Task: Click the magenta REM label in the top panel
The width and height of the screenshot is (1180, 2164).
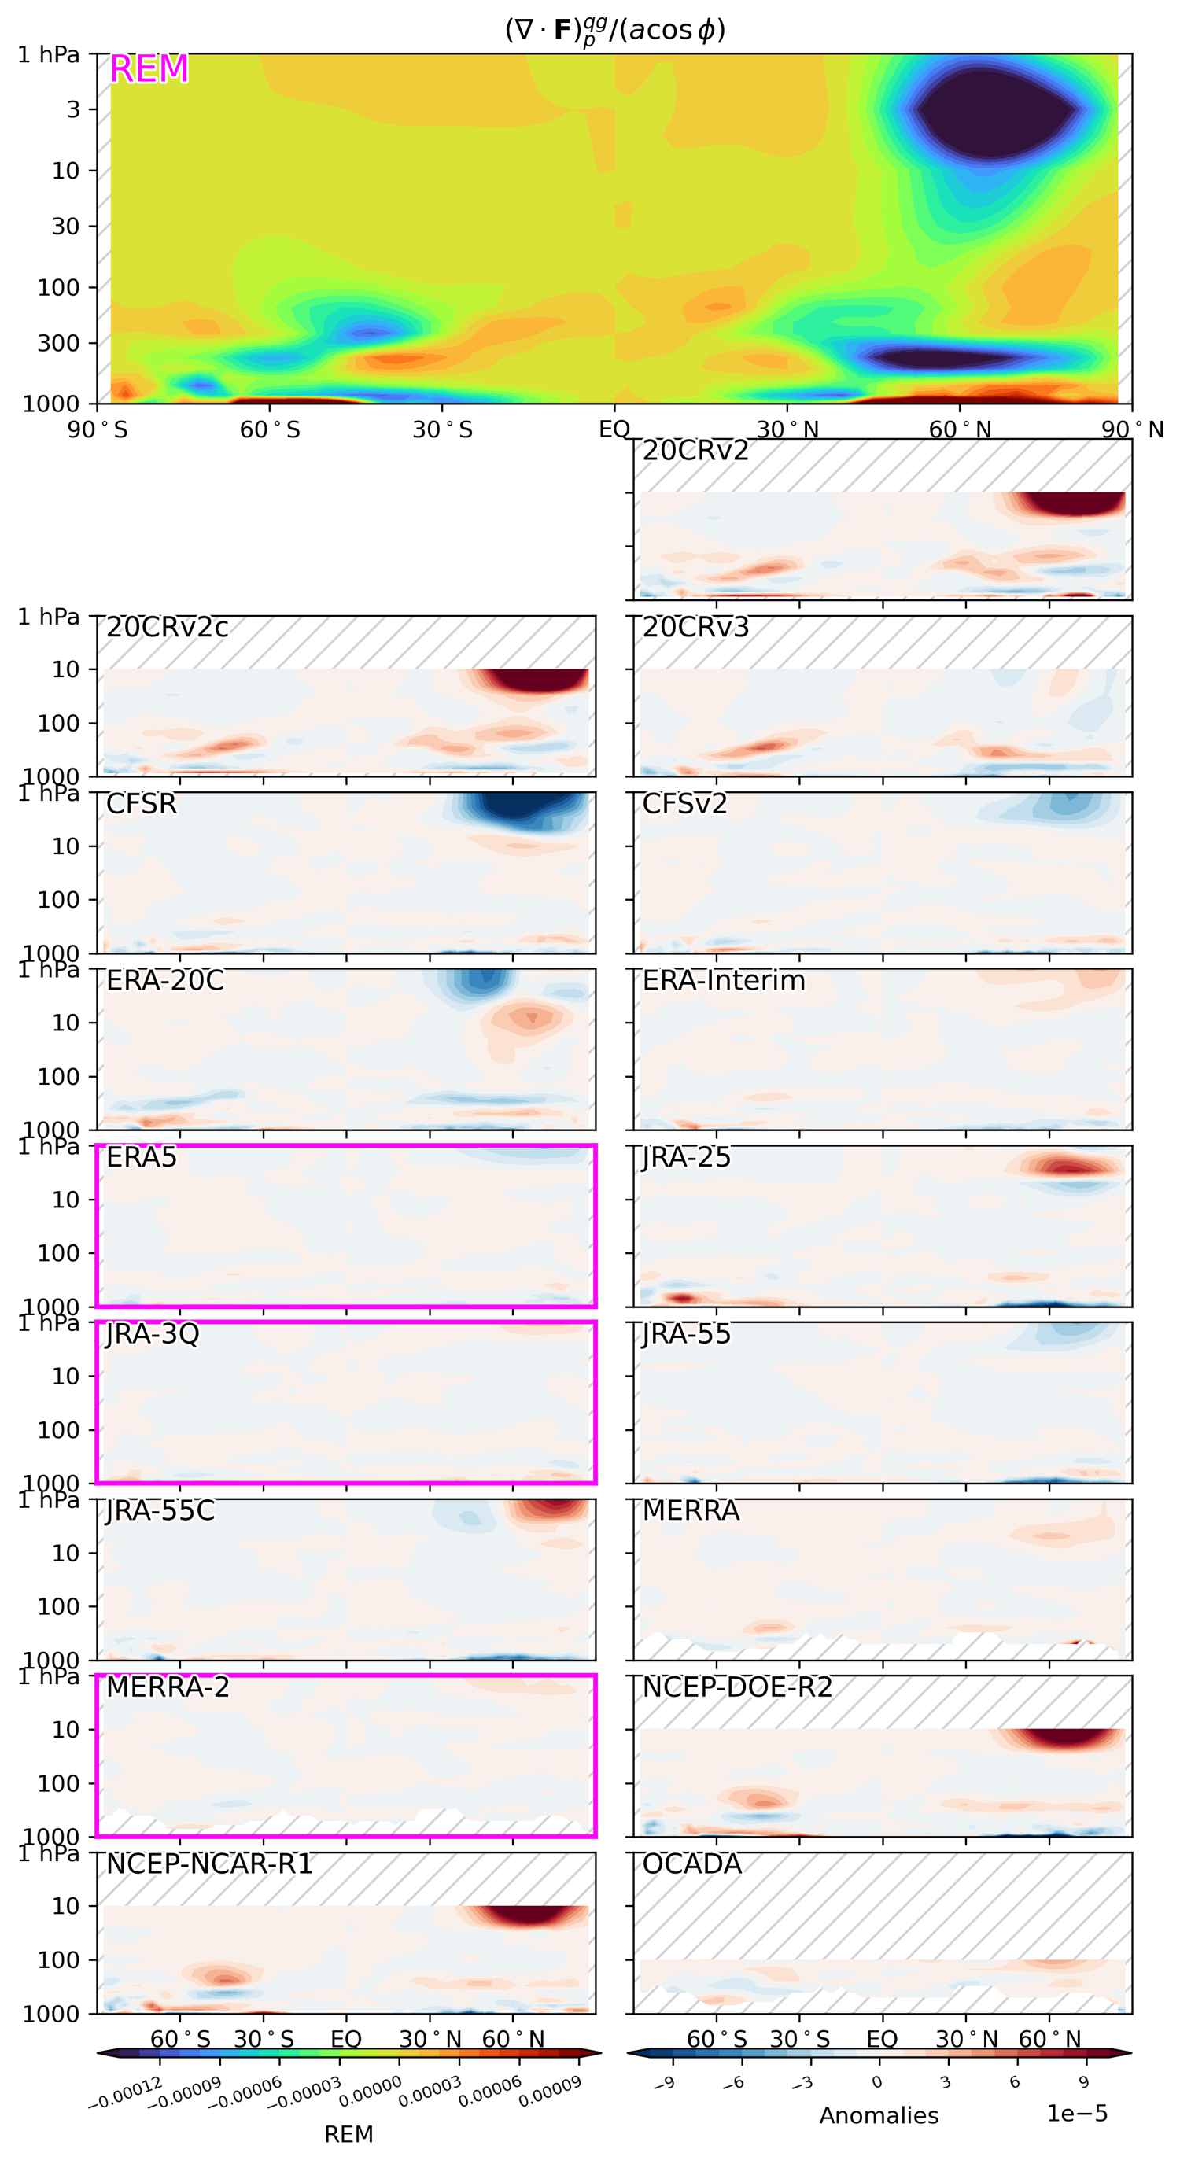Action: [149, 69]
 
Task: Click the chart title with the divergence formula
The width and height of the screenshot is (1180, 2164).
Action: [614, 30]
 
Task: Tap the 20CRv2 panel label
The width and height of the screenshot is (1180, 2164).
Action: [695, 451]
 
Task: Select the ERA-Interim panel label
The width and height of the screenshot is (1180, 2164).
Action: [723, 980]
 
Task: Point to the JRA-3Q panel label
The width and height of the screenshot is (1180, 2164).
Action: [152, 1333]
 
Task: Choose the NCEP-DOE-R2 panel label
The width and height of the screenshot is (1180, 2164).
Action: [736, 1687]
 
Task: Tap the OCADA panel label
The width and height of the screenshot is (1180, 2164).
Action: [691, 1864]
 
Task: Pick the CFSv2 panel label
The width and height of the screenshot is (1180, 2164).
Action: [684, 804]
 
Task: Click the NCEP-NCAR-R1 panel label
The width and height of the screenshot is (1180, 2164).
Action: [209, 1864]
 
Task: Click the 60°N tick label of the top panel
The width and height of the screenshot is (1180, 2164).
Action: [960, 430]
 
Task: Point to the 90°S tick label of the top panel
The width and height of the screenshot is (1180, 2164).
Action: [98, 430]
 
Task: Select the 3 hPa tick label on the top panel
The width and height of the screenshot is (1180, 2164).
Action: [73, 109]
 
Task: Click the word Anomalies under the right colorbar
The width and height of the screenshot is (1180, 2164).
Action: [879, 2115]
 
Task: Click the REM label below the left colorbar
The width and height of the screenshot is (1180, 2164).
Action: [348, 2135]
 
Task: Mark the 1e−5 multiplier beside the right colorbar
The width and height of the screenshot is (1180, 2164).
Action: [1077, 2114]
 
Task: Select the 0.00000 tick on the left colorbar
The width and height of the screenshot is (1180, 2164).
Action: [370, 2091]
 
